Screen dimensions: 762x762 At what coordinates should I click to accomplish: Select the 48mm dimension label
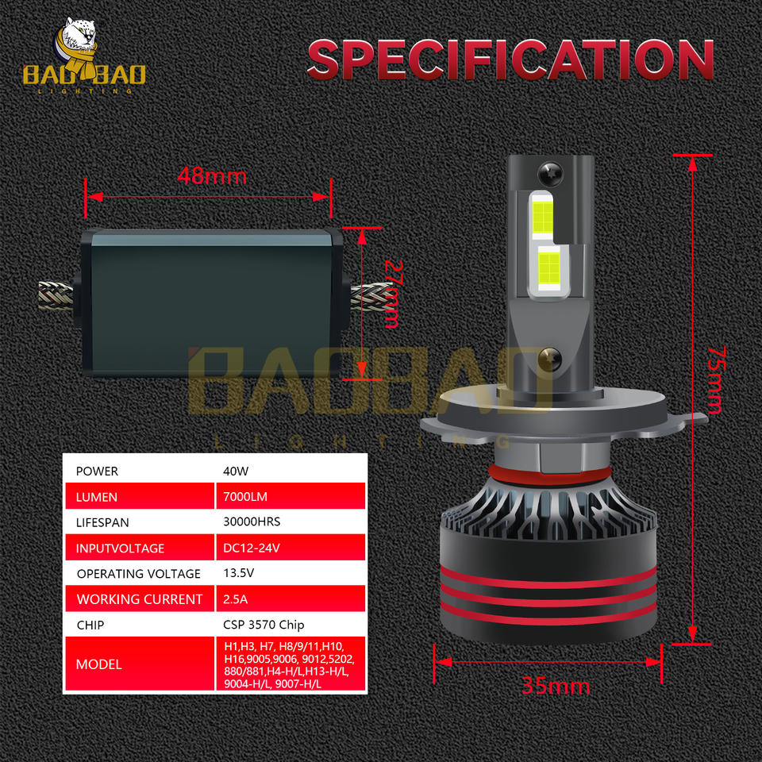(x=212, y=175)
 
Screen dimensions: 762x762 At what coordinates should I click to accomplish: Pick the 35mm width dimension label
(x=556, y=686)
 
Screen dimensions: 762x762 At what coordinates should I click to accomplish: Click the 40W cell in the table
(x=237, y=471)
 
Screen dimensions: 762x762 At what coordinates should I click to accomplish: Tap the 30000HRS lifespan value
(x=252, y=522)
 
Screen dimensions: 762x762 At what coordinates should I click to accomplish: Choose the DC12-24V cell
(x=250, y=548)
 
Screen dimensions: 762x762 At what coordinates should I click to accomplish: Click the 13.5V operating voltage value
(x=239, y=573)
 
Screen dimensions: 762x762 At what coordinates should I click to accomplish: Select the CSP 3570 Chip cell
(x=264, y=625)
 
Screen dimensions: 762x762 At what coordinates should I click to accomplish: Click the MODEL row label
(x=99, y=664)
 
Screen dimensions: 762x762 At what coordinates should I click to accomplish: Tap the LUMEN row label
(x=97, y=497)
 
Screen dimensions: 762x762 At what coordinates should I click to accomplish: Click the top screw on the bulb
(x=550, y=171)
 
